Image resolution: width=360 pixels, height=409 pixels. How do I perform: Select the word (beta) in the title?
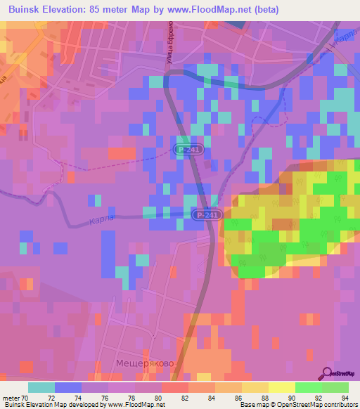coord(266,10)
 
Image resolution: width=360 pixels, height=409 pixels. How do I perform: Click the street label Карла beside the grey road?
coord(101,221)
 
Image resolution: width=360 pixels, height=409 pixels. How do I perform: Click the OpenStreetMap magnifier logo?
coord(328,372)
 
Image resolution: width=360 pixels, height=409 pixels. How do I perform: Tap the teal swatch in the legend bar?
coord(41,387)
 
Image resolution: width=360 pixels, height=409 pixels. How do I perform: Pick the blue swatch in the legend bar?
coord(68,387)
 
